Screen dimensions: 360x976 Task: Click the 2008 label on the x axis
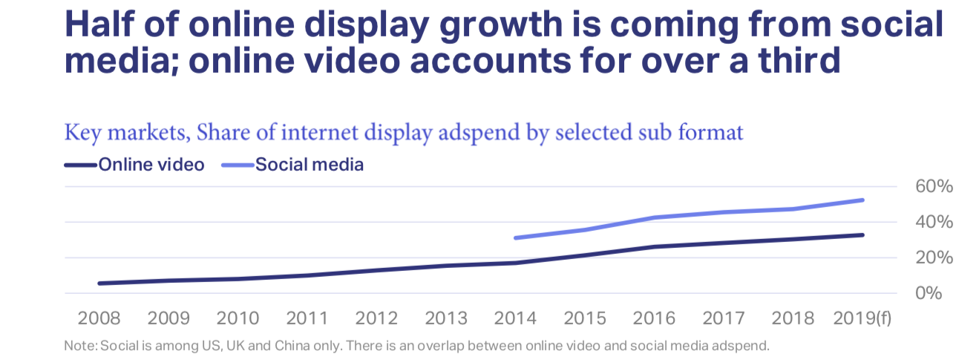click(x=99, y=319)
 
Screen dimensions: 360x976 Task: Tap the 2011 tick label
click(x=307, y=319)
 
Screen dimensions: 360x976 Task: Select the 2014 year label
click(x=516, y=319)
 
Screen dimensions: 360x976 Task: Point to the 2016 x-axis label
click(x=655, y=319)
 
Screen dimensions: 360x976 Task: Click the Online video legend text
click(x=151, y=165)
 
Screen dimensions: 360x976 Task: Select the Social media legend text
click(x=309, y=165)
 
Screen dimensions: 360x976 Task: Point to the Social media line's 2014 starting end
click(x=516, y=238)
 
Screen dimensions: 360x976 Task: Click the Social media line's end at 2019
click(x=862, y=200)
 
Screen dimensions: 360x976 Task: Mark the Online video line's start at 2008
click(x=99, y=283)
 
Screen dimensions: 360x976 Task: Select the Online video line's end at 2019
click(x=862, y=235)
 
